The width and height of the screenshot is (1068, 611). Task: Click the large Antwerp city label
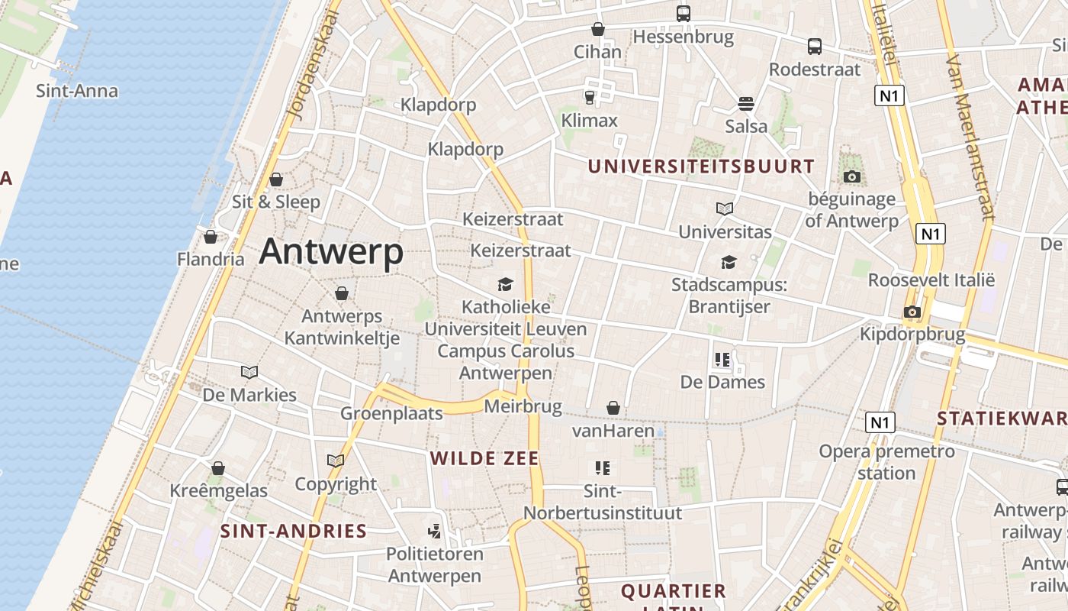coord(331,252)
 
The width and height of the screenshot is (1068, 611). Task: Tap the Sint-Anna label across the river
coord(77,91)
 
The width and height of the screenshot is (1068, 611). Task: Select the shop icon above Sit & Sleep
coord(276,179)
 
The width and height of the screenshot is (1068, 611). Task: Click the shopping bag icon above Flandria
coord(211,237)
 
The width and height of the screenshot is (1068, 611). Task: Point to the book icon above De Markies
coord(249,372)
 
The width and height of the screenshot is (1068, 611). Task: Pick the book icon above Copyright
coord(336,461)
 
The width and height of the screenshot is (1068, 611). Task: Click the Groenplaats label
coord(391,413)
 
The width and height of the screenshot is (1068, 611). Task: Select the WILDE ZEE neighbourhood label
coord(484,458)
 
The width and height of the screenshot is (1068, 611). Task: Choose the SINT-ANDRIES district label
coord(294,531)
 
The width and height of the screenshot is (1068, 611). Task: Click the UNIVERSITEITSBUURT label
coord(701,166)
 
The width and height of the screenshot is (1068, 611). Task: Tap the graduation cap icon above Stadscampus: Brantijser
coord(729,262)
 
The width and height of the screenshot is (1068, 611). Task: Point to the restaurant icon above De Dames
coord(722,359)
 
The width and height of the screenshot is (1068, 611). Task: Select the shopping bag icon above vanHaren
coord(613,409)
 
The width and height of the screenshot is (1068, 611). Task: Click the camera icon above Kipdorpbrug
coord(912,312)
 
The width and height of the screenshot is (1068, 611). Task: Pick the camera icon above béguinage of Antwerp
coord(852,177)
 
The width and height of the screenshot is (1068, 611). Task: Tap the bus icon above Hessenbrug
coord(683,13)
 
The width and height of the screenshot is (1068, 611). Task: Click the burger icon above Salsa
coord(746,103)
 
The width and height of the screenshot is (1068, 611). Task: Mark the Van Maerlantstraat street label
coord(969,137)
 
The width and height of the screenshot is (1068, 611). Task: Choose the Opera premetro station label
coord(886,461)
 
